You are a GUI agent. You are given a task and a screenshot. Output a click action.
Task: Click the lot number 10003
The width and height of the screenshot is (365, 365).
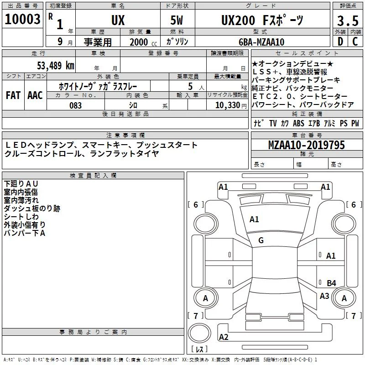(22, 19)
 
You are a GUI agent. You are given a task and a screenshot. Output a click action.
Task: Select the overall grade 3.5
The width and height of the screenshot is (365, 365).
(348, 21)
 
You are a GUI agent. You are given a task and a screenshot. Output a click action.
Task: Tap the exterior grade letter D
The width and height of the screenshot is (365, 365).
(340, 42)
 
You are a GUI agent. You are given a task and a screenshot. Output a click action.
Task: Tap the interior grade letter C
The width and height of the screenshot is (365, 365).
(355, 42)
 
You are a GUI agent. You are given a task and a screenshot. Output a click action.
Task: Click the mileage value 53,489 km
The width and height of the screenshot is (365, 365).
(56, 65)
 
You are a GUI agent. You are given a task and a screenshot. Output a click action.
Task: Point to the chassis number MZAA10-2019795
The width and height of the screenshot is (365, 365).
(306, 145)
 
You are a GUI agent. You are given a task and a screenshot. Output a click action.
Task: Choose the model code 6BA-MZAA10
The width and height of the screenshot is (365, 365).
(261, 42)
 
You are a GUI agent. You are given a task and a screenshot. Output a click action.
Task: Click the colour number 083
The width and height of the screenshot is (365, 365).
(76, 105)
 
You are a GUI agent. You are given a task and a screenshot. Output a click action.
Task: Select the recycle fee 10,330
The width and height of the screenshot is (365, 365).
(228, 105)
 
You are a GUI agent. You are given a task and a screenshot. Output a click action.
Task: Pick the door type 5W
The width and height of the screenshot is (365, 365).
(177, 20)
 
